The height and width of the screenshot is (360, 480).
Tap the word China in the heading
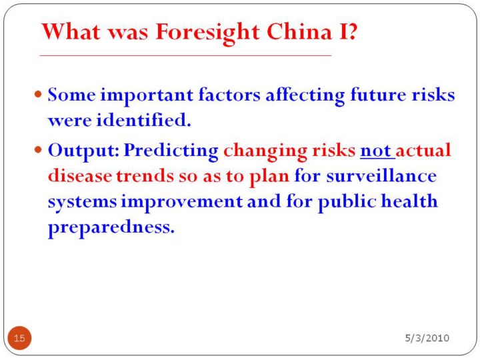(299, 31)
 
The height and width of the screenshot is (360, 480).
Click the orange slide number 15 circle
(19, 338)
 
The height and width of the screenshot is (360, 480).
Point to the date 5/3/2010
(427, 338)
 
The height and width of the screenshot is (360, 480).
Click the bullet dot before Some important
(38, 94)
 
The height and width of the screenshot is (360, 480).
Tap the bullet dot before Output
(38, 150)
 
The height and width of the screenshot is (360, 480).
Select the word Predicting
(171, 151)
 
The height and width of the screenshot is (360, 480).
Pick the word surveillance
(381, 176)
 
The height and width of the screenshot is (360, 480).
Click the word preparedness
(111, 228)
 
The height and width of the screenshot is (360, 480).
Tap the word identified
(143, 119)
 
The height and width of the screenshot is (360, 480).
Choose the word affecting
(305, 95)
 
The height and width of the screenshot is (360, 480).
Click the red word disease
(80, 176)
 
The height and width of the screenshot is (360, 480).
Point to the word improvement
(182, 202)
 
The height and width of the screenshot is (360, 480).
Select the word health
(409, 201)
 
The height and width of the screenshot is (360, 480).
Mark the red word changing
(265, 151)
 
